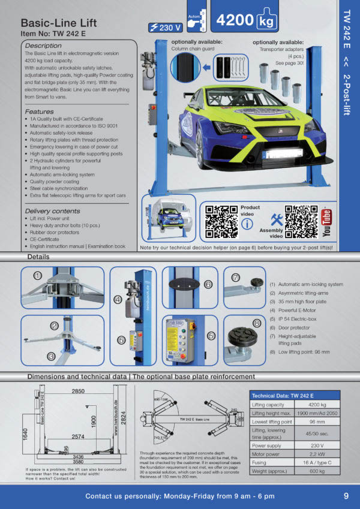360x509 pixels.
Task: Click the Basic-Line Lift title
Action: [x=58, y=23]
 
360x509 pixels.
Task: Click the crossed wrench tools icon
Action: [x=277, y=219]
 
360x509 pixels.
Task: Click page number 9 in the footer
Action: [x=346, y=496]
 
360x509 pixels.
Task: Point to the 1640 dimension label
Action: [x=25, y=433]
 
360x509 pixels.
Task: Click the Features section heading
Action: [x=40, y=112]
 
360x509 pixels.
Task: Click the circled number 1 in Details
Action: [x=37, y=276]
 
